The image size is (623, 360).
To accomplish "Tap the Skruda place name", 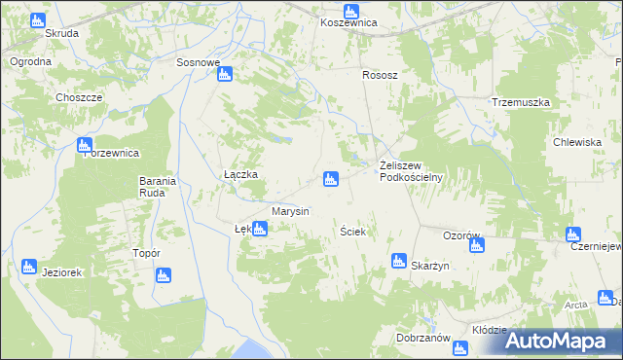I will (61, 32).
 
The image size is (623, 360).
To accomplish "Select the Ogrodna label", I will (30, 61).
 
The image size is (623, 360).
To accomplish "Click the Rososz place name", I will (381, 74).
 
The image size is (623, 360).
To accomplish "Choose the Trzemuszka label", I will (522, 102).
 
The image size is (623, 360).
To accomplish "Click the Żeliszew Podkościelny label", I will (411, 170).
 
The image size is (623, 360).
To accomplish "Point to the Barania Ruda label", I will (157, 187).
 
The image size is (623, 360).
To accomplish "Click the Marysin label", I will (290, 211).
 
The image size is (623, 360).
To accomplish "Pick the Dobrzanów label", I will (422, 339).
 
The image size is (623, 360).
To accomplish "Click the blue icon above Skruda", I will (38, 19).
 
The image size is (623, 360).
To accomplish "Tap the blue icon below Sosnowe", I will (224, 74).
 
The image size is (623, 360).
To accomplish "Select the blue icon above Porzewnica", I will (85, 145).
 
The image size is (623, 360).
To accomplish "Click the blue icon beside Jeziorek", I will (28, 267).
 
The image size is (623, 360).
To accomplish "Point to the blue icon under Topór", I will (163, 275).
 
